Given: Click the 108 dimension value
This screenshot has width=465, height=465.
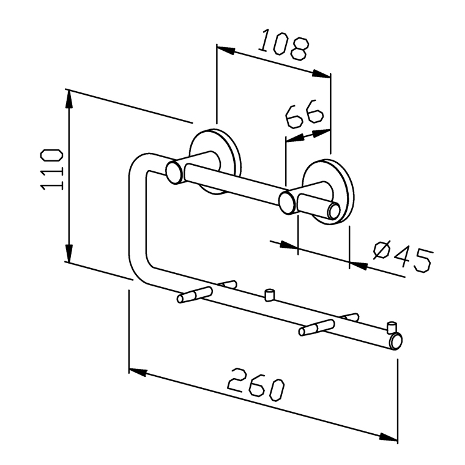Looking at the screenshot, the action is (283, 45).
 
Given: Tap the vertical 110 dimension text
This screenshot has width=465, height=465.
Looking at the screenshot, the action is (51, 169).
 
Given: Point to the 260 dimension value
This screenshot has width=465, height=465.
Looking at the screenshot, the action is (256, 384).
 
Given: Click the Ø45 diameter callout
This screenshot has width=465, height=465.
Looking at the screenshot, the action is (403, 256).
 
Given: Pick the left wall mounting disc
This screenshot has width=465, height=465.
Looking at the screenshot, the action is (215, 162).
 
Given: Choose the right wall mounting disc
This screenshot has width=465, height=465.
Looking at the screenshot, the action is (329, 192).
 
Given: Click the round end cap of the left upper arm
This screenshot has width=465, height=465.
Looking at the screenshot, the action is (174, 173).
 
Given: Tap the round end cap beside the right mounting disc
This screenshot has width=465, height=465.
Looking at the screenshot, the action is (334, 210).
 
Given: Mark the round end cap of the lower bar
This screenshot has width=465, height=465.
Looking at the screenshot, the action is (396, 341).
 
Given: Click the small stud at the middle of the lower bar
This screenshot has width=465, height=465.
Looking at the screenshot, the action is (269, 295).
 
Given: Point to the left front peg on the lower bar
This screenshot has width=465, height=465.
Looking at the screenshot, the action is (195, 294).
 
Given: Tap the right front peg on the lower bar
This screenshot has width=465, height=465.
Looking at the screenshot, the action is (317, 327).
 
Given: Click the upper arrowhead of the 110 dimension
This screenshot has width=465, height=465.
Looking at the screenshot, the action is (69, 99).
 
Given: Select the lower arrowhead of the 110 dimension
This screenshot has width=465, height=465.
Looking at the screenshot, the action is (69, 253).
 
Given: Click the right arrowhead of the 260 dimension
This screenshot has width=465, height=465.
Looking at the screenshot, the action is (389, 437).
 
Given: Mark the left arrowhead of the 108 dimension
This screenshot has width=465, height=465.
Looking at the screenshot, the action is (226, 50).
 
